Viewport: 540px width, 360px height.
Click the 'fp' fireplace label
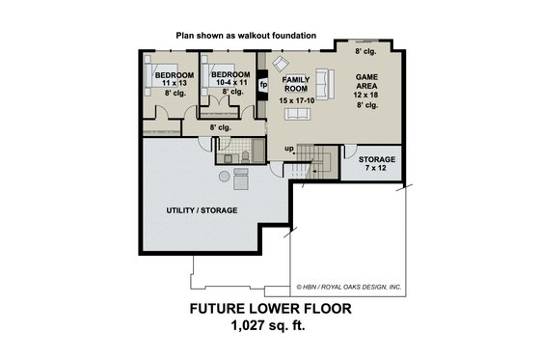pyautogui.click(x=263, y=85)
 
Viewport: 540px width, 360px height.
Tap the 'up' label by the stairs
pyautogui.click(x=288, y=148)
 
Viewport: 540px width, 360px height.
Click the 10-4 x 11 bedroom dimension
pyautogui.click(x=230, y=84)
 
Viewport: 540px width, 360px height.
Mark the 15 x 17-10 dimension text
pyautogui.click(x=298, y=100)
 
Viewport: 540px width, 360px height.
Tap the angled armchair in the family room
pyautogui.click(x=281, y=65)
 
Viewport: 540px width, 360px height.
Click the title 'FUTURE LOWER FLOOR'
pyautogui.click(x=269, y=310)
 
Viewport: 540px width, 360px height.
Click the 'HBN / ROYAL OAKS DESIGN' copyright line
pyautogui.click(x=351, y=286)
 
